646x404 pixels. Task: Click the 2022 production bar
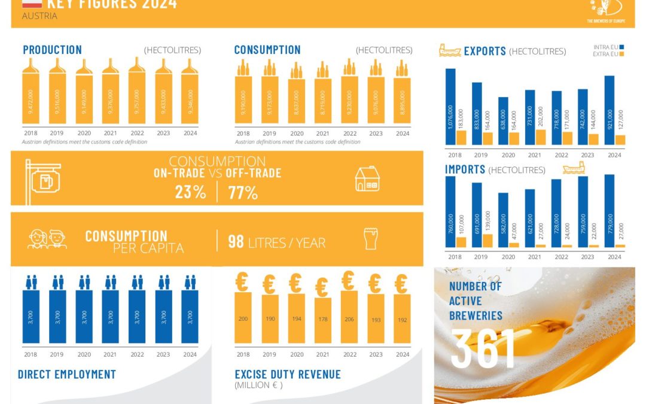[x=137, y=98]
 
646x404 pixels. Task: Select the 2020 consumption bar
[x=296, y=101]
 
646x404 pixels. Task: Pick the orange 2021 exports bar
[x=540, y=137]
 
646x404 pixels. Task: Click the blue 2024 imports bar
[x=610, y=211]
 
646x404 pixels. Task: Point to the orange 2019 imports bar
[x=487, y=240]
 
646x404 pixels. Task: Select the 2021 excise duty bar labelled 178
[x=322, y=320]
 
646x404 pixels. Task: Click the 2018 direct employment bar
[x=31, y=317]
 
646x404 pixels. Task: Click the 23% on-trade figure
[x=190, y=193]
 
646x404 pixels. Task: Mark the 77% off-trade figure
[x=243, y=193]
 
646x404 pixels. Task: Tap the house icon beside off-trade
[x=367, y=178]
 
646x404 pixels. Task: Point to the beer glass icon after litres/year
[x=371, y=239]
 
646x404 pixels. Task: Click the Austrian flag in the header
[x=32, y=4]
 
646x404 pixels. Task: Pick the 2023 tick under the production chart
[x=163, y=133]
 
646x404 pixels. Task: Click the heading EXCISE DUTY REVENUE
[x=288, y=375]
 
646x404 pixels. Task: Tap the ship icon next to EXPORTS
[x=450, y=50]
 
